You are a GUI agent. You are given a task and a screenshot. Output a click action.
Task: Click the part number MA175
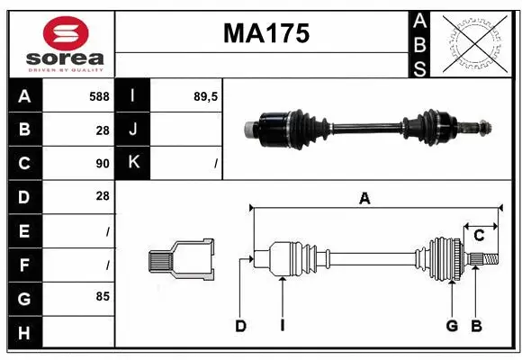pos(265,33)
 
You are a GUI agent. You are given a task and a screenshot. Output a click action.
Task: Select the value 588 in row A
pos(99,96)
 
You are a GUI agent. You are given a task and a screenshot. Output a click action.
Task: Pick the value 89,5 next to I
pos(206,96)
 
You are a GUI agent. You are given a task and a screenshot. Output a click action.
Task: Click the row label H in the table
pos(24,333)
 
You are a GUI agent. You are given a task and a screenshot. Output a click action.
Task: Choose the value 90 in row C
pos(103,164)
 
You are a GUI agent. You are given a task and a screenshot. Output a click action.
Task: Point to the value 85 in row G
pos(103,294)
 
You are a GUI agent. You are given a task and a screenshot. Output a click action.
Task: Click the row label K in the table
pos(134,163)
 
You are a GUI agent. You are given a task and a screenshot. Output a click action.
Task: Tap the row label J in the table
pos(134,130)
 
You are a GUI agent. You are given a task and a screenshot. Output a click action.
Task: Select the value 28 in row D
pos(103,195)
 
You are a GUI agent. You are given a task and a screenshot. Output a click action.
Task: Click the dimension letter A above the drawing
pos(364,199)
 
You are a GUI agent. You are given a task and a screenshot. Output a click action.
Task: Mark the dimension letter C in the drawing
pos(480,236)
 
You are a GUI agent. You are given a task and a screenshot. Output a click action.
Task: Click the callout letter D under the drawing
pos(241,326)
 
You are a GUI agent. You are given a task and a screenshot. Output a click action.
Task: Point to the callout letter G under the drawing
pos(452,326)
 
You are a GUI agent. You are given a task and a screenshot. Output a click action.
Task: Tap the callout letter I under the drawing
pos(282,326)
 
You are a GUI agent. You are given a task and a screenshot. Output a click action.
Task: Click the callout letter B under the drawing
pos(476,326)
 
